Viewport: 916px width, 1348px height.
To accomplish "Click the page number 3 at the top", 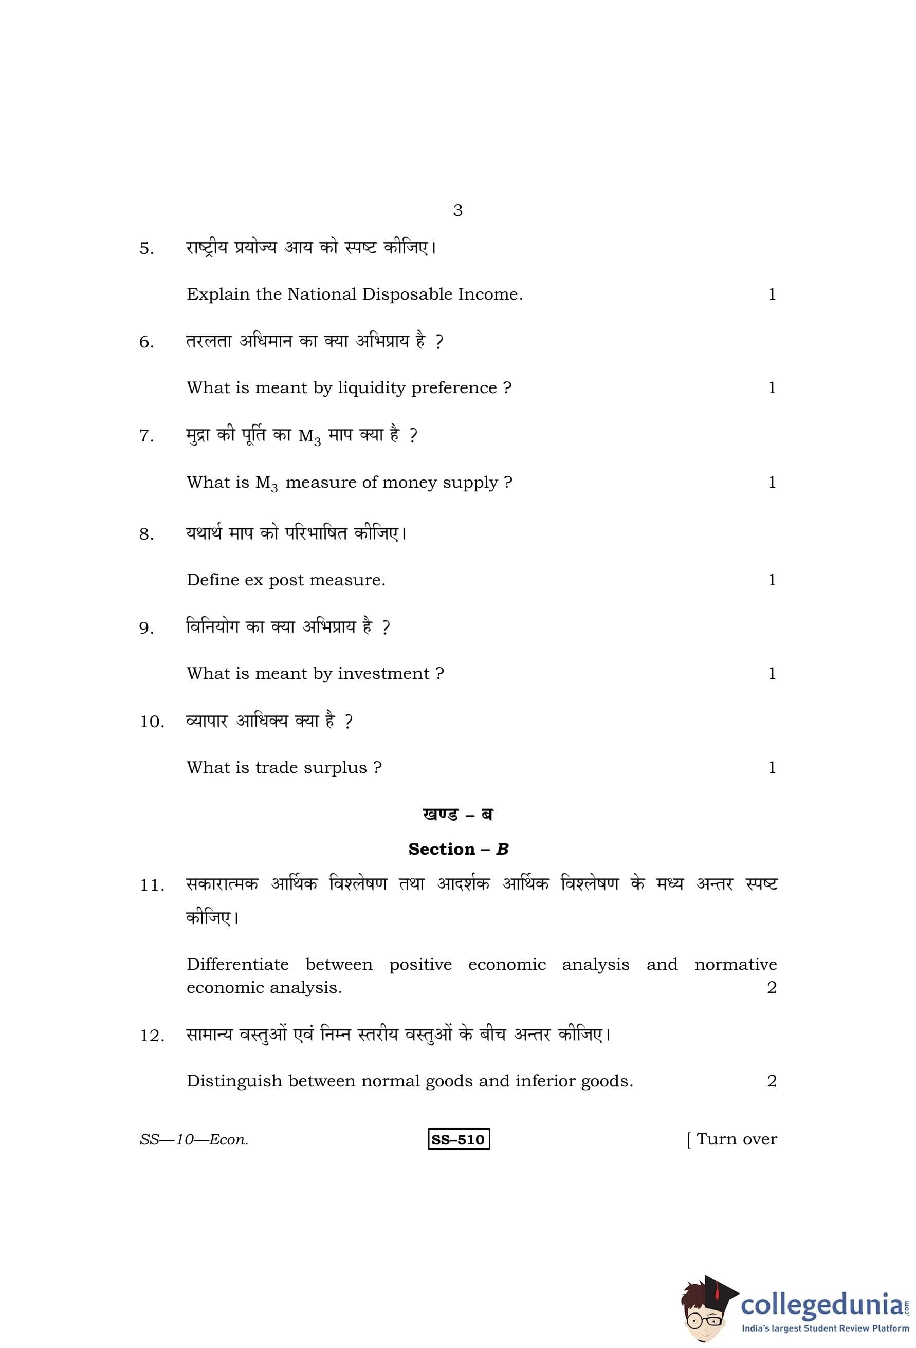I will (x=457, y=210).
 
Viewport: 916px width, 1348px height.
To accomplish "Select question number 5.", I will (x=146, y=249).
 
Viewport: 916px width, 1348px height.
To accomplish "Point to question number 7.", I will (x=146, y=436).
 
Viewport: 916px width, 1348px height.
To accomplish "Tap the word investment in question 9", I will (x=383, y=673).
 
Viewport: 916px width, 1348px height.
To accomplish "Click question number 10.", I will (x=152, y=722).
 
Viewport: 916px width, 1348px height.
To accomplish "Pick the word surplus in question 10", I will (x=335, y=768).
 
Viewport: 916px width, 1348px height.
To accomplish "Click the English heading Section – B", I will (x=457, y=849).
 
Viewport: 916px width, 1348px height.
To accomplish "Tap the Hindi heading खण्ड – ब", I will (x=457, y=815).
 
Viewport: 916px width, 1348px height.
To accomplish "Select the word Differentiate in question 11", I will (x=237, y=965).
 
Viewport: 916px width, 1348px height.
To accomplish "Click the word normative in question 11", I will (x=735, y=965).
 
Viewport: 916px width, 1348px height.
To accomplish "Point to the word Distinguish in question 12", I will (x=234, y=1081).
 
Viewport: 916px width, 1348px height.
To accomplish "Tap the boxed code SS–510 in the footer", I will (x=459, y=1140).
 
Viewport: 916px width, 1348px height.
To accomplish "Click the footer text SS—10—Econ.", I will (x=194, y=1140).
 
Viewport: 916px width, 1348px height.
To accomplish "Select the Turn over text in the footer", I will (x=736, y=1139).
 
